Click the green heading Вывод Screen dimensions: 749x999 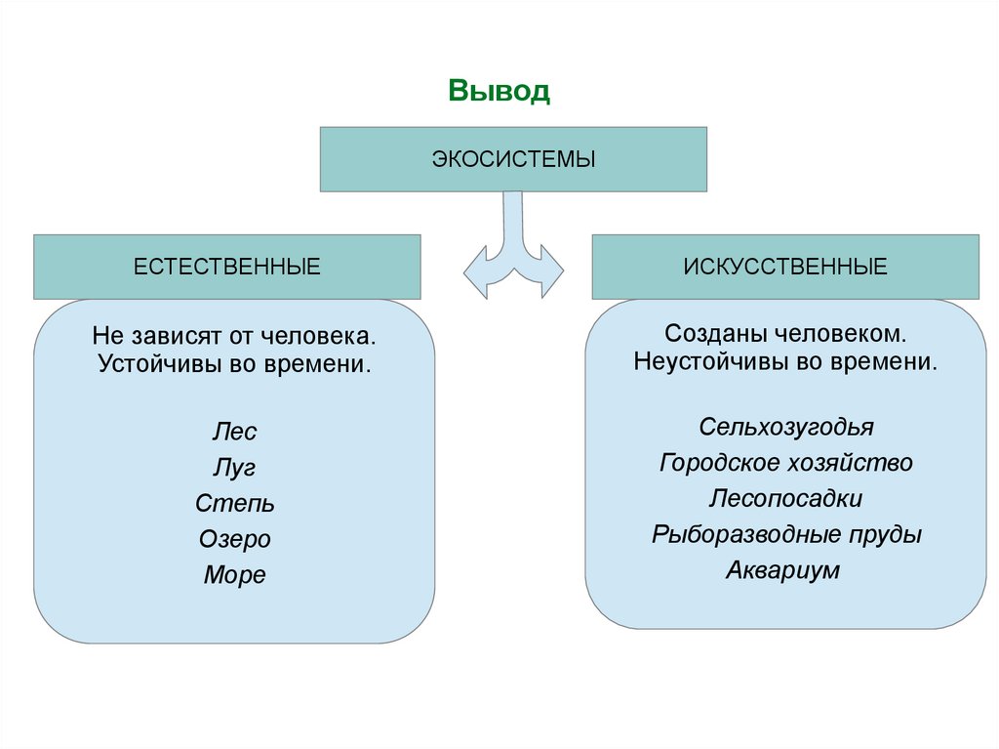499,92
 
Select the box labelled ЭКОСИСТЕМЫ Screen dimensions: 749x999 513,158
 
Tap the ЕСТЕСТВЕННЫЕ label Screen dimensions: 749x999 227,267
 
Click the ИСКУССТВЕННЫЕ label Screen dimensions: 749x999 785,267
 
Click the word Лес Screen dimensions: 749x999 234,432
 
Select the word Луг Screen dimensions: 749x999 234,468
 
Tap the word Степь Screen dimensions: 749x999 234,504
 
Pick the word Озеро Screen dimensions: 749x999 234,539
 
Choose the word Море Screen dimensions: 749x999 234,575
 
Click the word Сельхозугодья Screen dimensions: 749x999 786,427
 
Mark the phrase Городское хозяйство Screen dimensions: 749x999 786,462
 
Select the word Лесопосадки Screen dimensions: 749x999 786,498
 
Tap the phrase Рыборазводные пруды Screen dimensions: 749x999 786,534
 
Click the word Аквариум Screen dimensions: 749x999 782,570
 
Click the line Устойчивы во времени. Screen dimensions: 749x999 234,364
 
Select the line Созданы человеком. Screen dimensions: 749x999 786,334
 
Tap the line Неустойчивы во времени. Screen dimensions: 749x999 786,360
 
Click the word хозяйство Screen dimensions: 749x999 854,462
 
